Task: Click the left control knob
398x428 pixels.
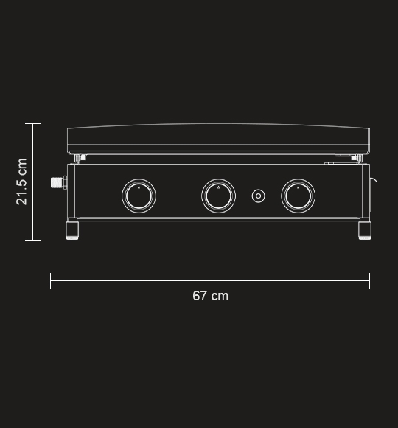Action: click(139, 196)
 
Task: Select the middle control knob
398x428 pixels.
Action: click(219, 196)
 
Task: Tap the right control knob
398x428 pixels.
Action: click(298, 196)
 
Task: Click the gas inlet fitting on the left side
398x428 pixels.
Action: click(57, 182)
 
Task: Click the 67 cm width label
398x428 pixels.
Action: click(211, 296)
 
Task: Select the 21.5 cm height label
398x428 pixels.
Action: click(22, 182)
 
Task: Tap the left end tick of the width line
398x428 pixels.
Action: click(51, 280)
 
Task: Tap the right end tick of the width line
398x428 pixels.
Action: click(370, 280)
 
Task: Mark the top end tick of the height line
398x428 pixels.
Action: click(32, 123)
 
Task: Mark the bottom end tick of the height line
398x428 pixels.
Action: click(32, 240)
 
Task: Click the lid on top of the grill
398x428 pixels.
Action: click(219, 137)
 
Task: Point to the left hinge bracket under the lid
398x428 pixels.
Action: click(80, 157)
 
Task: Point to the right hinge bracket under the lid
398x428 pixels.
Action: click(357, 157)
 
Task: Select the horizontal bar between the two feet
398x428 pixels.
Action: click(219, 219)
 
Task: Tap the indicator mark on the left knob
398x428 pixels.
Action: click(139, 187)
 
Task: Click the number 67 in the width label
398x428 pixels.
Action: click(200, 296)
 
